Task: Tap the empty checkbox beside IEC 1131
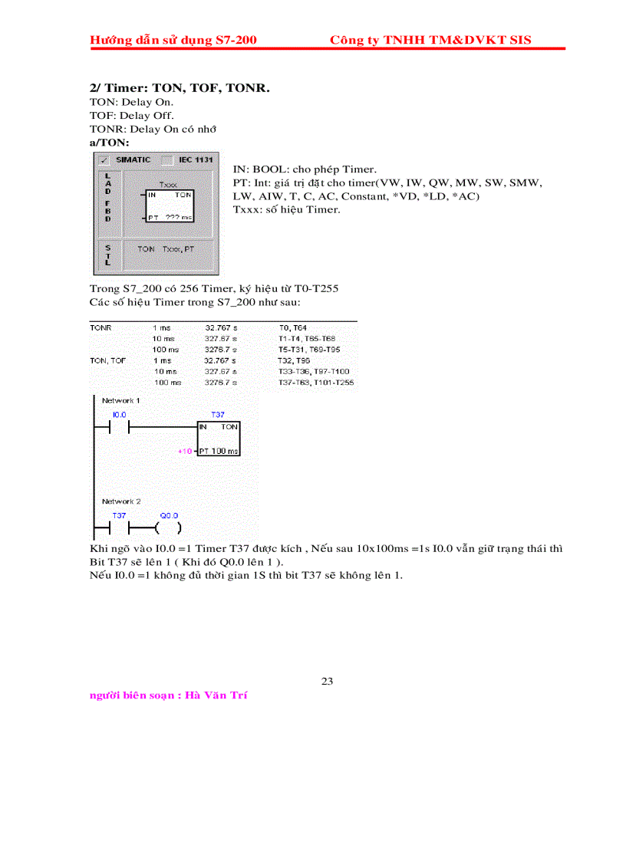[x=167, y=159]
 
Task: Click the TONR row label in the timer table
[x=100, y=327]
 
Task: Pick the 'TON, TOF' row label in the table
[x=107, y=360]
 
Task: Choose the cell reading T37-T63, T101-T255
[x=316, y=382]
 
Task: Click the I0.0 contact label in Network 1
[x=119, y=414]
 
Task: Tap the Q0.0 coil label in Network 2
[x=168, y=515]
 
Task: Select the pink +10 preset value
[x=184, y=451]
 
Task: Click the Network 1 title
[x=121, y=400]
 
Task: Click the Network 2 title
[x=121, y=501]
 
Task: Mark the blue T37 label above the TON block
[x=218, y=414]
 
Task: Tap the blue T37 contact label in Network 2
[x=119, y=515]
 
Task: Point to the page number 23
[x=327, y=681]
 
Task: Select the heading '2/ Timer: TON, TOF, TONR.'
[x=180, y=88]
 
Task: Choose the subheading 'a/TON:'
[x=110, y=143]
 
